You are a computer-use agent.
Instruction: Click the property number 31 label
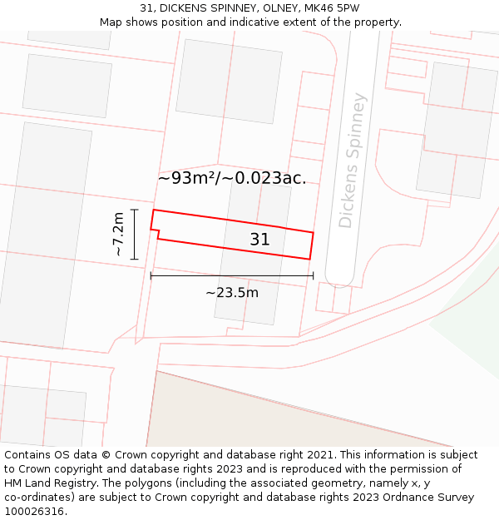click(259, 240)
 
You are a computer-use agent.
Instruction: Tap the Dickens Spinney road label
click(353, 161)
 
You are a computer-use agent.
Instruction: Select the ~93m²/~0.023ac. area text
click(231, 177)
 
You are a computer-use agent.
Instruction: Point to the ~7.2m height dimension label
click(118, 235)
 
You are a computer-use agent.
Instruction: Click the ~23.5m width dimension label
click(231, 292)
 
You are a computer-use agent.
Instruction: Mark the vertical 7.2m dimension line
click(134, 235)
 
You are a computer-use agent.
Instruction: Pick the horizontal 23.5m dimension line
click(231, 275)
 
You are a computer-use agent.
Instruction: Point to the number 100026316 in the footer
click(32, 512)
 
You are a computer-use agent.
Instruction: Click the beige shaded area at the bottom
click(274, 416)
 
